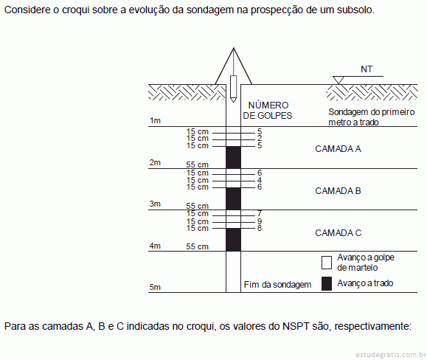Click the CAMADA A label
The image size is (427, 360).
338,149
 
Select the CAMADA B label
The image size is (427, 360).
338,191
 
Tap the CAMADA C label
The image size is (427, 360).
339,233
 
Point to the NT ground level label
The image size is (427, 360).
367,69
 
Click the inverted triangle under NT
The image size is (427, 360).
339,80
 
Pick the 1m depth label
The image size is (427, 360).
155,120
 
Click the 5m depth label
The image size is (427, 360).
155,287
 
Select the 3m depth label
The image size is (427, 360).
155,204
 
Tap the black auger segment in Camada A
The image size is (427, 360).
233,157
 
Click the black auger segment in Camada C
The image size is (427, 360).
233,240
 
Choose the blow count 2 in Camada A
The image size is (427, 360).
260,139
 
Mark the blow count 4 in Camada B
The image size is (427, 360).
260,180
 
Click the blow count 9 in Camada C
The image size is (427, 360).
260,221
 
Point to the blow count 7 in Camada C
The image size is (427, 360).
260,213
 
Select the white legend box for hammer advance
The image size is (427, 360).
327,263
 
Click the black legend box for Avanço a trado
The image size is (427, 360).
327,283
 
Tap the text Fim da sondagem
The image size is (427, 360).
277,285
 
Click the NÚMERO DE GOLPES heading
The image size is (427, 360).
268,111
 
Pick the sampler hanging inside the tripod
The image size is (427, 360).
233,89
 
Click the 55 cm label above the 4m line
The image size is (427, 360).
197,246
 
